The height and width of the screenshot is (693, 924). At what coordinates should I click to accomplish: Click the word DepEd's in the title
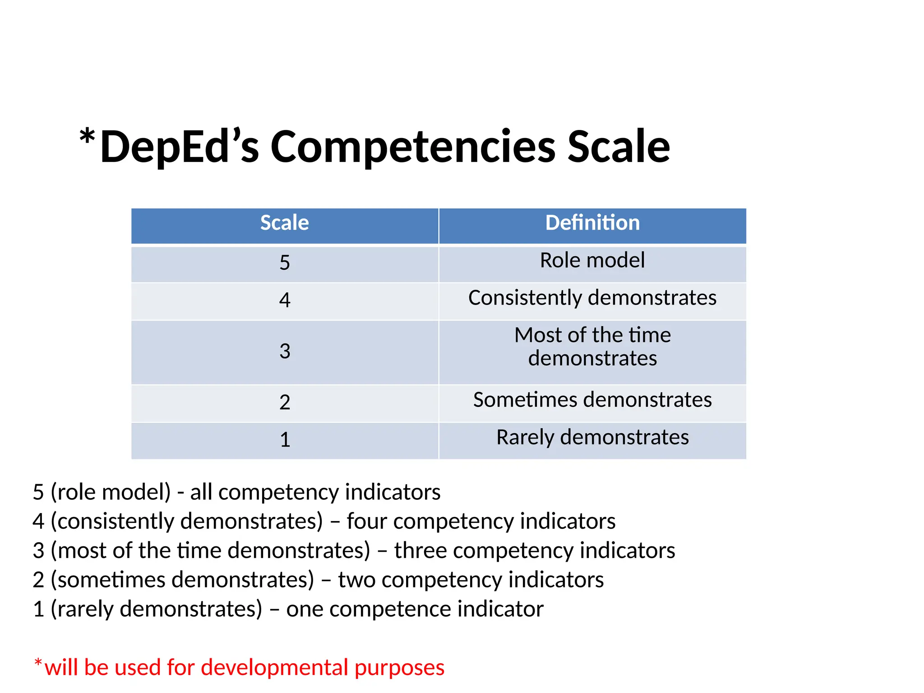(x=180, y=147)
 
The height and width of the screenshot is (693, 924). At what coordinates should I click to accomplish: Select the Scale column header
(x=284, y=223)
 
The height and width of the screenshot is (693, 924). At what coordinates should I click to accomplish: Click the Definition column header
(x=592, y=223)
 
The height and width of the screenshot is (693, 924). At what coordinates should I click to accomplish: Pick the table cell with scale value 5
(x=284, y=263)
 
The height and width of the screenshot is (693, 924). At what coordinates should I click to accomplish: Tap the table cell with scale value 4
(x=284, y=300)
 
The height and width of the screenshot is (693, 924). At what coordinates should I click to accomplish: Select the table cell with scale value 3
(x=284, y=351)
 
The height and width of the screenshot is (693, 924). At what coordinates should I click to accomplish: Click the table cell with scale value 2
(x=284, y=402)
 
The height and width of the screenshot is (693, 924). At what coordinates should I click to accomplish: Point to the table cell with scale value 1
(x=284, y=439)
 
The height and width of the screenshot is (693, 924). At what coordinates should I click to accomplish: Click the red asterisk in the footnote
(x=38, y=662)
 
